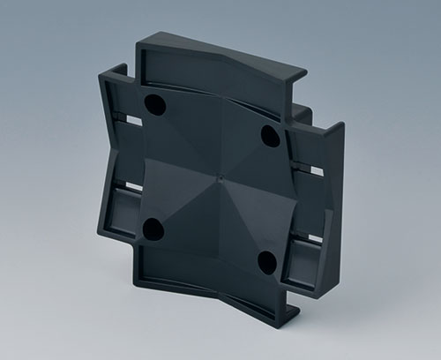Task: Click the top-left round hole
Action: pyautogui.click(x=155, y=105)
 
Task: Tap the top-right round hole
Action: pyautogui.click(x=271, y=136)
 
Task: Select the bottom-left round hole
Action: pyautogui.click(x=153, y=230)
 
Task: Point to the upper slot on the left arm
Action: pyautogui.click(x=132, y=119)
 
